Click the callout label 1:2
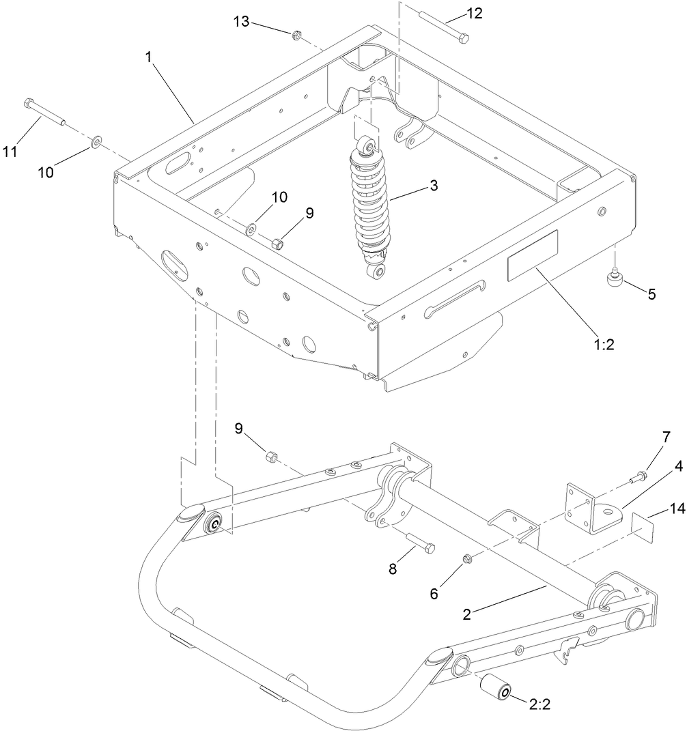[x=603, y=345]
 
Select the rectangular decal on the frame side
[x=532, y=255]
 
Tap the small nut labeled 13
[x=296, y=34]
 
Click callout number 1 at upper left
[x=148, y=58]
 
